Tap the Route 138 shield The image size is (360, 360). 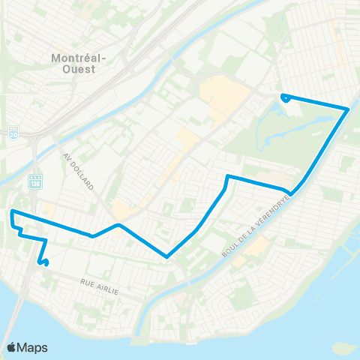point(34,181)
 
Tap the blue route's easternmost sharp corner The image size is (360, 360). point(348,109)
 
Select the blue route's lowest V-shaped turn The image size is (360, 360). point(166,256)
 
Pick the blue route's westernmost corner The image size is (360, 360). point(12,213)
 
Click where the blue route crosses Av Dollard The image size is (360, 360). point(93,235)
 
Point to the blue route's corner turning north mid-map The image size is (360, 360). point(227,177)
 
